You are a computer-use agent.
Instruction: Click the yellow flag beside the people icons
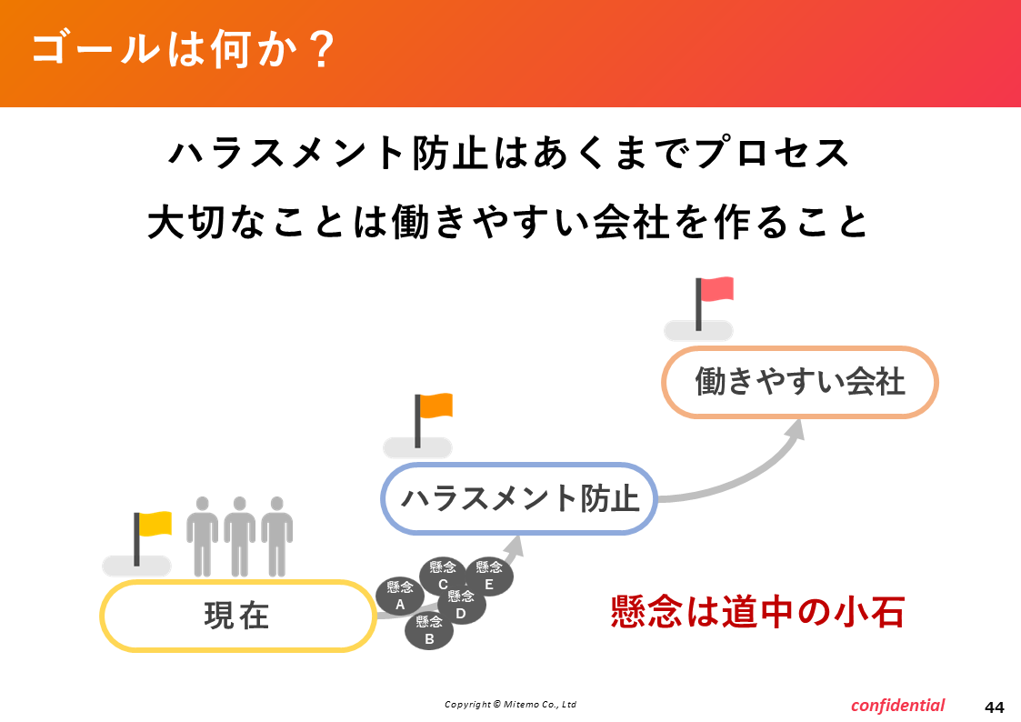pos(153,524)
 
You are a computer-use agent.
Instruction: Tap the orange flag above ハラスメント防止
pos(434,406)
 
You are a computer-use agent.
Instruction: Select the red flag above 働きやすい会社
pos(715,290)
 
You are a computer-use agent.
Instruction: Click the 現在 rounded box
pos(237,616)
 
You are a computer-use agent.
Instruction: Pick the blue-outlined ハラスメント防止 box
pos(519,498)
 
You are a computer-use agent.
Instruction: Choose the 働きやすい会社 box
pos(800,382)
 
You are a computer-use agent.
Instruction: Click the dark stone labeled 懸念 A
pos(400,596)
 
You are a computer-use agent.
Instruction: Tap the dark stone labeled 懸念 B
pos(429,630)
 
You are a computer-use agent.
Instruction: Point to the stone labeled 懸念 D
pos(461,605)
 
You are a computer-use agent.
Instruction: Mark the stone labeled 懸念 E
pos(490,577)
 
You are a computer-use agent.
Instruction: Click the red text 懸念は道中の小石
pos(758,612)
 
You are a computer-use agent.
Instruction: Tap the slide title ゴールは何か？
pos(184,49)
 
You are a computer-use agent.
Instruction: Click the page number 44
pos(995,707)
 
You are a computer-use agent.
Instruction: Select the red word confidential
pos(898,705)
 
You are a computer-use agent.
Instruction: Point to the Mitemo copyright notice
pos(511,704)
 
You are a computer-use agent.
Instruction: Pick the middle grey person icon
pos(240,536)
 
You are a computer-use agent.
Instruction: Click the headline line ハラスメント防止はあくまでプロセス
pos(509,153)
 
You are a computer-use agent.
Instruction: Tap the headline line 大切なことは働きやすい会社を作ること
pos(508,222)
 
